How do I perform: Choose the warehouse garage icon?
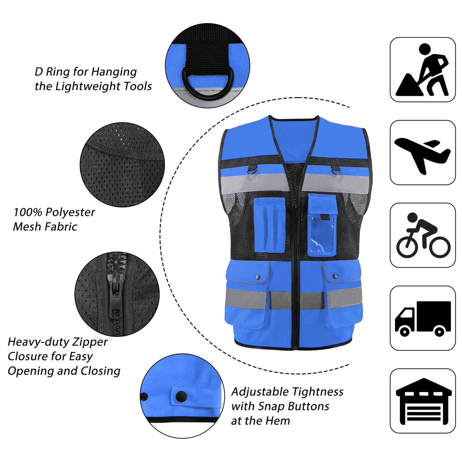click(424, 401)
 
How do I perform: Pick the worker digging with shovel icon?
click(422, 70)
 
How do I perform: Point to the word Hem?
click(277, 421)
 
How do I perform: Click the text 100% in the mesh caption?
click(28, 212)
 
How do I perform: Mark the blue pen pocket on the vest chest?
click(270, 225)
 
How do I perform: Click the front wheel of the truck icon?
click(405, 332)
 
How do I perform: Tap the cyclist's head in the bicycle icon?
click(412, 217)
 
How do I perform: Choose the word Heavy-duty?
click(39, 342)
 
